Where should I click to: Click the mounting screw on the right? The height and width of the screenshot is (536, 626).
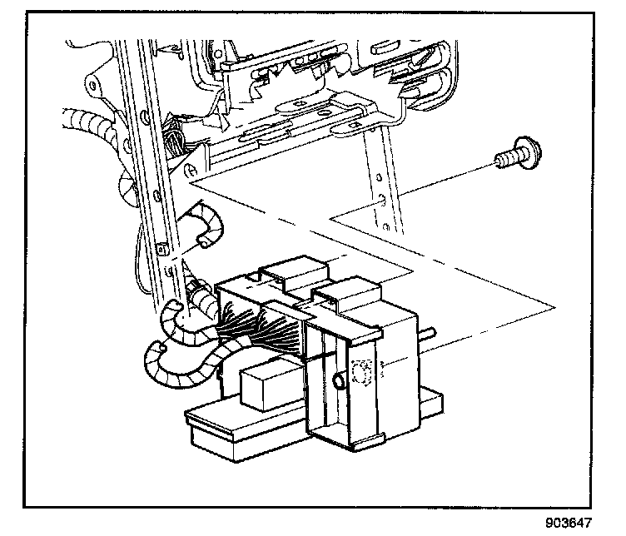(514, 156)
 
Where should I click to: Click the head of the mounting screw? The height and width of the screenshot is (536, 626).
(524, 154)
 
